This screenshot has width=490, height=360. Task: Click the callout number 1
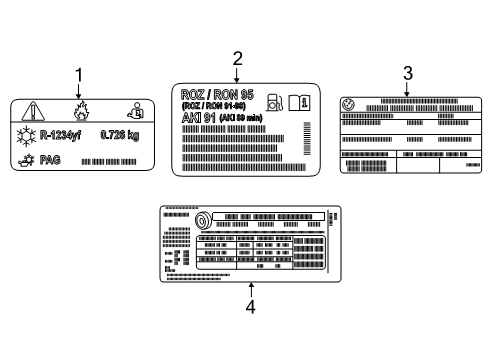(79, 73)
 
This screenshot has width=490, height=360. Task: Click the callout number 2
(237, 58)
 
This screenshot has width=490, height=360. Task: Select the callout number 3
(407, 72)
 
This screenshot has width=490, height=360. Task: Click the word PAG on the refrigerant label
(50, 158)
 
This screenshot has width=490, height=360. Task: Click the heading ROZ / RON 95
(217, 94)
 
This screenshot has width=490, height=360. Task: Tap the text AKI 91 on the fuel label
(198, 116)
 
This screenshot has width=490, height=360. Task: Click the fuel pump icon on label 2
(275, 101)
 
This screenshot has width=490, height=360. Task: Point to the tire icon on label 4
(201, 222)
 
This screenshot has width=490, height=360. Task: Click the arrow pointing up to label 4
(251, 291)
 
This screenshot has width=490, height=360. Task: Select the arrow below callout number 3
(407, 88)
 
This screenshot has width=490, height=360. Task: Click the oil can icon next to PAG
(27, 158)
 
